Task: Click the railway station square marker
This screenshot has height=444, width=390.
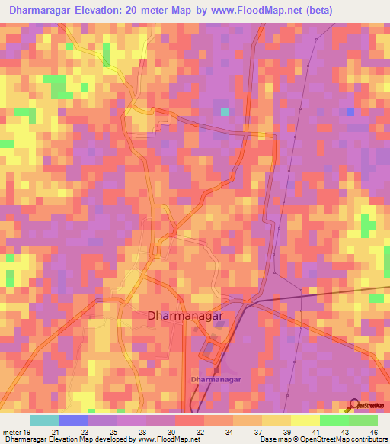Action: (x=216, y=369)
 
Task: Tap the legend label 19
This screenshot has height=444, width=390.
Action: (x=27, y=432)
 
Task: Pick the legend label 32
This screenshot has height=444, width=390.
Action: (x=200, y=432)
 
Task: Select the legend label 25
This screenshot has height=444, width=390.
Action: (x=113, y=432)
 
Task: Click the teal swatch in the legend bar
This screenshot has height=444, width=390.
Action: (x=45, y=420)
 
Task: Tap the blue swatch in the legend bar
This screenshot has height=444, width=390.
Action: (x=74, y=420)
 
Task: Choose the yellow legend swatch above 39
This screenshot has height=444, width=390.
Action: (x=276, y=420)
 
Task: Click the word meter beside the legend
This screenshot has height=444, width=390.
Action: (x=11, y=432)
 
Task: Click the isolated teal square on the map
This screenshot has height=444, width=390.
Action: (x=224, y=112)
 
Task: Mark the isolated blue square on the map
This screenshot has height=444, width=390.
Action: (x=350, y=112)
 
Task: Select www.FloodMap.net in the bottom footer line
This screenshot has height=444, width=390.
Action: (x=168, y=439)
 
